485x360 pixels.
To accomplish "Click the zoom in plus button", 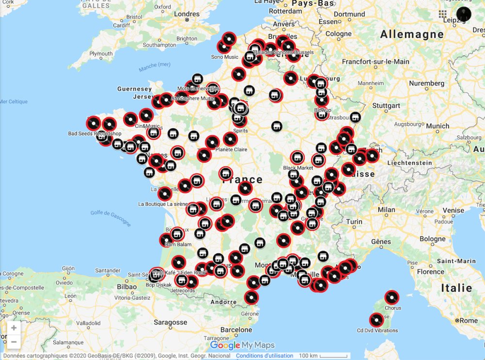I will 14,328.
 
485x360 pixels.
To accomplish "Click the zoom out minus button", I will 14,342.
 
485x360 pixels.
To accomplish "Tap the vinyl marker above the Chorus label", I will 391,297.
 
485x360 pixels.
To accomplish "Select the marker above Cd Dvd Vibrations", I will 376,320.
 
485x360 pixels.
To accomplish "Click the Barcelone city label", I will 236,330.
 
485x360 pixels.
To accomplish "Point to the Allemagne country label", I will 412,34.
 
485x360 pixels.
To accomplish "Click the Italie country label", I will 456,288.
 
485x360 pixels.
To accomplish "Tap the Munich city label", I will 437,126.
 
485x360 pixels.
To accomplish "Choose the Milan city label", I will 387,210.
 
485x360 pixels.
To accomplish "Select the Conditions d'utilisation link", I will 264,356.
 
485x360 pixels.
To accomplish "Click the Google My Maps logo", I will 242,345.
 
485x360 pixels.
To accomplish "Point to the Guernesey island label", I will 134,89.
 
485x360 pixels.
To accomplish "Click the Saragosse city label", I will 170,322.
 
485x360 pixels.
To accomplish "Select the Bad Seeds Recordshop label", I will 95,133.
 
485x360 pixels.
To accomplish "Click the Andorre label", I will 223,302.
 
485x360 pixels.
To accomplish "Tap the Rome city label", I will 468,321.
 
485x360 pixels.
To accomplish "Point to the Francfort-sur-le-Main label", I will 375,62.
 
